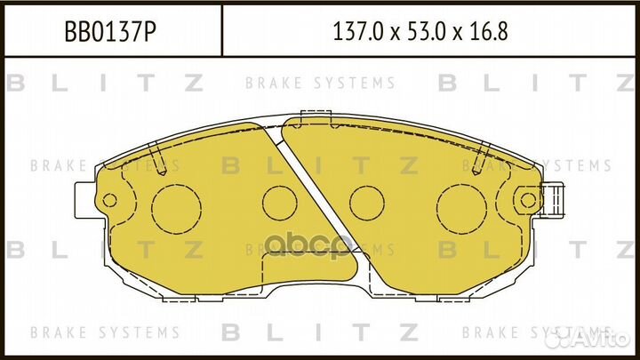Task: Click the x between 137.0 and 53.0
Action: tap(396, 33)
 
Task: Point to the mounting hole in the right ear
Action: tap(529, 200)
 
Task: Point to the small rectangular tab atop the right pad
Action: tap(314, 114)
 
